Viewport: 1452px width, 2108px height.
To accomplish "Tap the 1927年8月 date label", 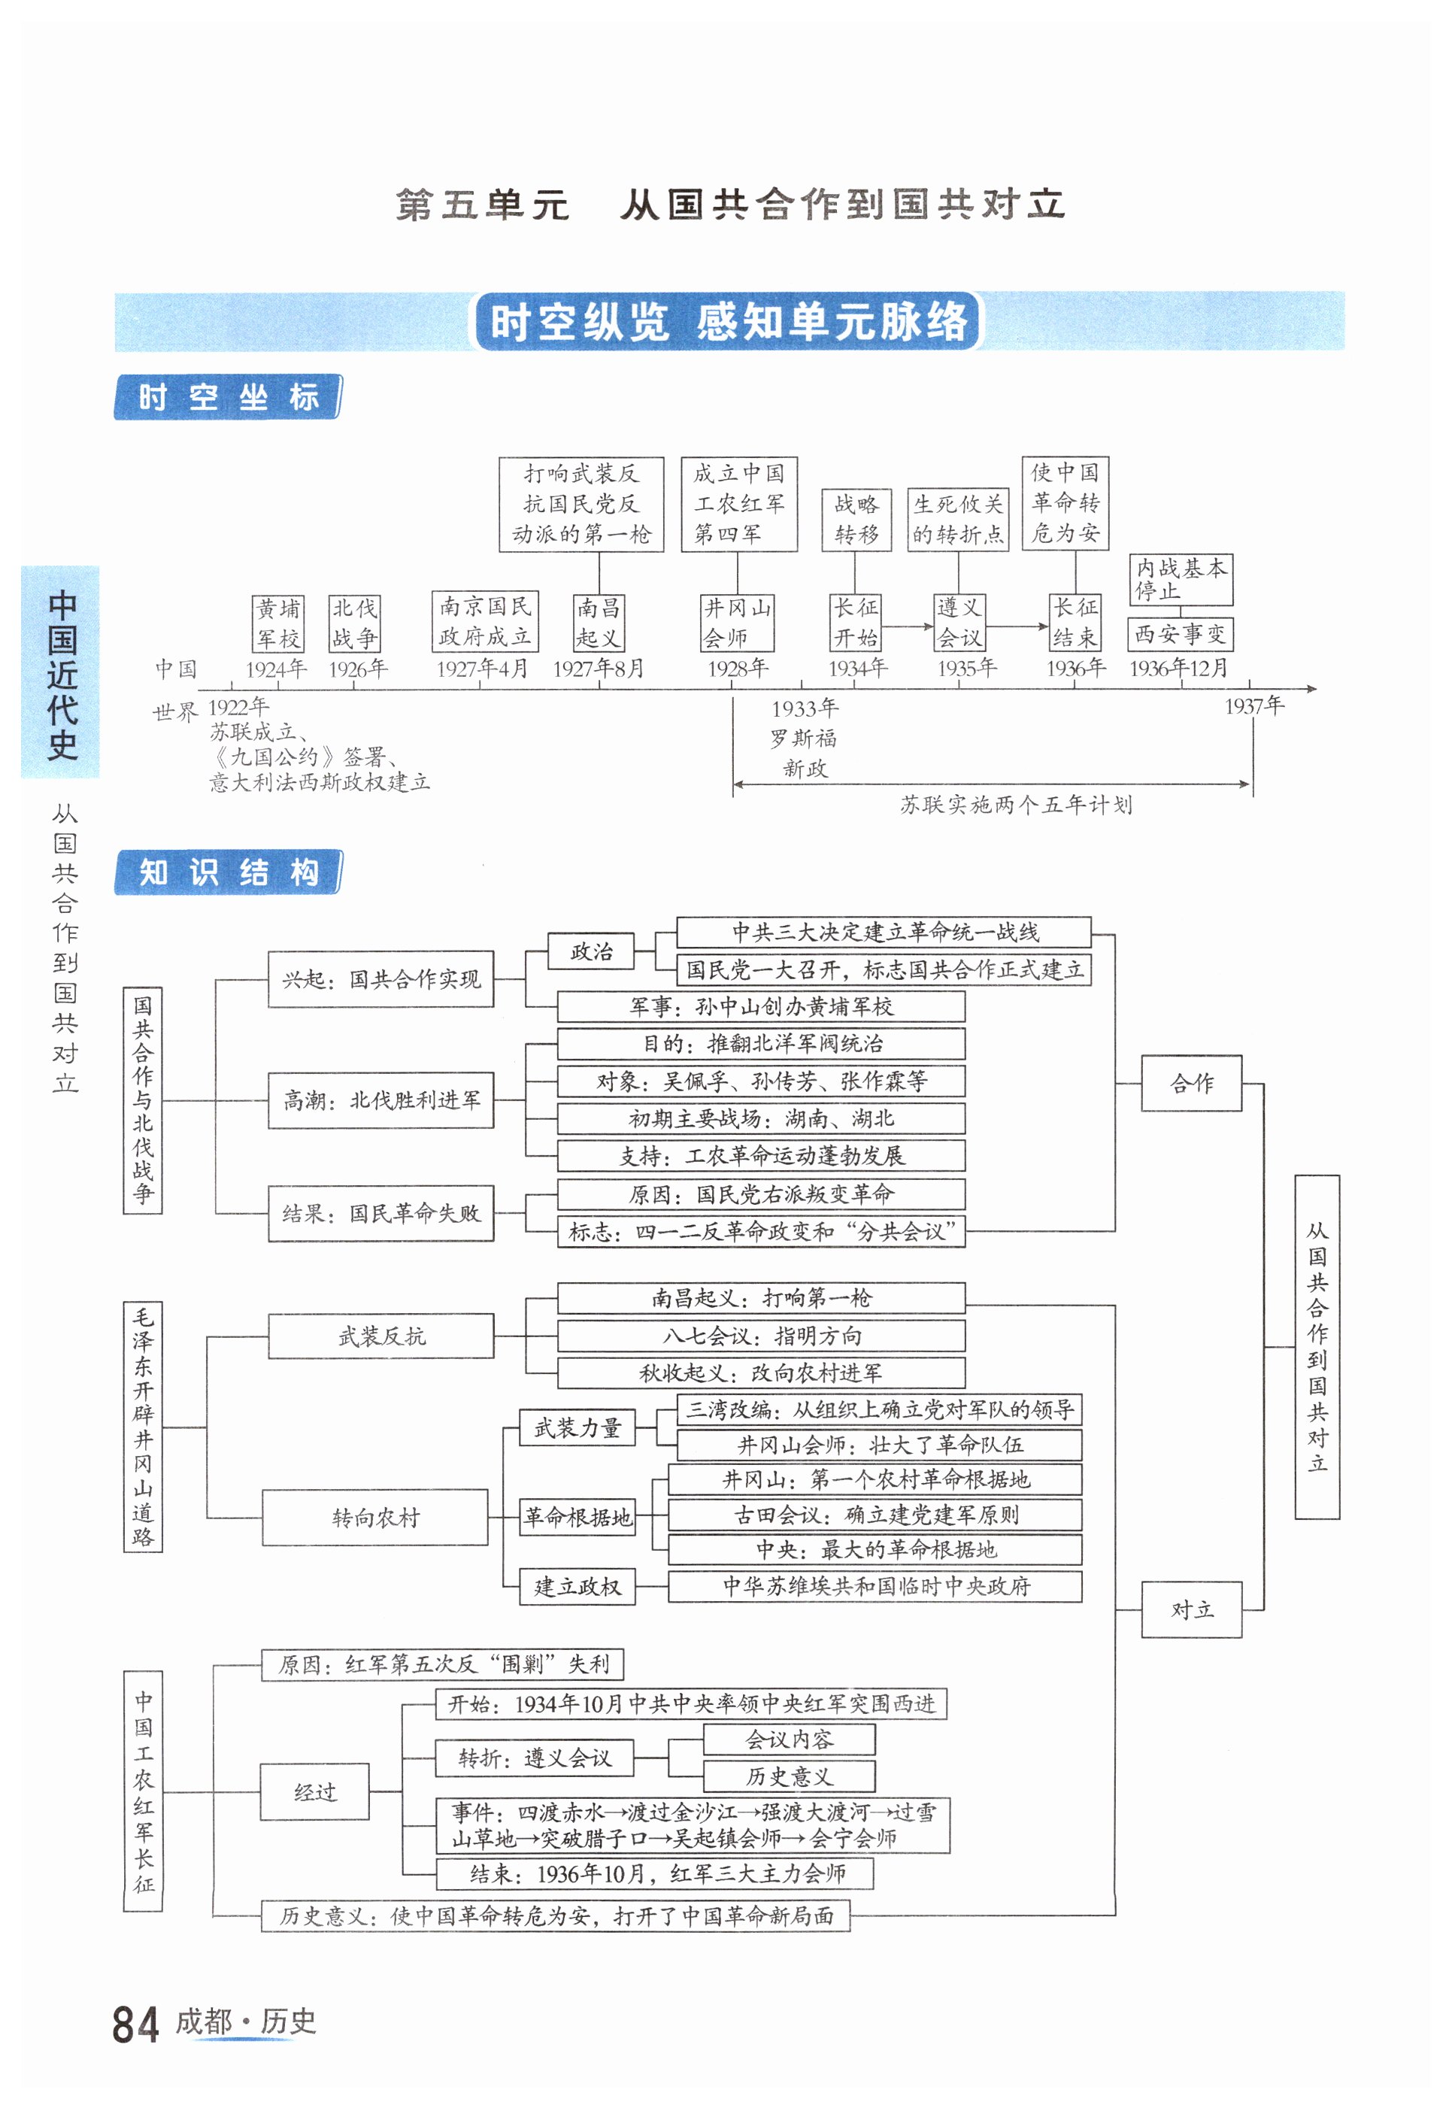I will coord(599,669).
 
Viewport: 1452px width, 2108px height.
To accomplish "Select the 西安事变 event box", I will coord(1180,633).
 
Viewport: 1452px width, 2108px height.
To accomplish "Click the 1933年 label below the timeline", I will coord(805,708).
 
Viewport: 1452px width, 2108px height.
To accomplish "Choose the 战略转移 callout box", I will coord(856,520).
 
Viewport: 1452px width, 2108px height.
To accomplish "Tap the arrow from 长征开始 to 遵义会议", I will coord(908,626).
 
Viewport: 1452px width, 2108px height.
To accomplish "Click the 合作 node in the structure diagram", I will coord(1191,1083).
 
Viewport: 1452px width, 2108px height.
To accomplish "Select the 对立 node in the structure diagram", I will coord(1191,1609).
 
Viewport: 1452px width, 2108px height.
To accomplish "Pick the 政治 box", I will coord(591,951).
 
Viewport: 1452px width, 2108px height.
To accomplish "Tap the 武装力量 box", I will coord(577,1427).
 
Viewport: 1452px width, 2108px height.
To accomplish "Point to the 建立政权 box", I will coord(577,1587).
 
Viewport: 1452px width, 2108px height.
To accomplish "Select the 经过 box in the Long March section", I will coord(315,1791).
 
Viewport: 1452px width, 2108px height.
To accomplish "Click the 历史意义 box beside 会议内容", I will coord(789,1776).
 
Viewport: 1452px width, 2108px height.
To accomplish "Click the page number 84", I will coord(135,2025).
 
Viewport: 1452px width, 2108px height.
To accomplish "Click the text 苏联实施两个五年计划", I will coord(1015,804).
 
